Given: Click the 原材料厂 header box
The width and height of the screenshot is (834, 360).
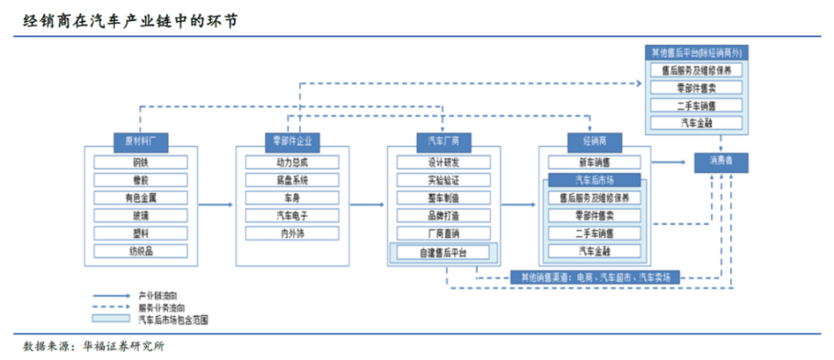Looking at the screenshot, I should coord(140,141).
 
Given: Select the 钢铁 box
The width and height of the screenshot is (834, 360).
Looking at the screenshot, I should coord(140,162).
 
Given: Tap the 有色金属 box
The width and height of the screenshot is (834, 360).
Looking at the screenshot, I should coord(140,197).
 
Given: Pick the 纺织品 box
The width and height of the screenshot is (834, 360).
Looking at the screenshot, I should coord(140,250).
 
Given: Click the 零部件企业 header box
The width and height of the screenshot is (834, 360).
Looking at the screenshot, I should coord(291,141).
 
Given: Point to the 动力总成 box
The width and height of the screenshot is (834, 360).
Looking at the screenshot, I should coord(291,162).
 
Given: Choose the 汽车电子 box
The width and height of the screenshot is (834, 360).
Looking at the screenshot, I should coord(291,215).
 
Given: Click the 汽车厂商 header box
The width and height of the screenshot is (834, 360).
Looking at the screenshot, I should coord(443,141).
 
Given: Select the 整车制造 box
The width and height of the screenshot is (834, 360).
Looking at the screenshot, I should coord(443,197).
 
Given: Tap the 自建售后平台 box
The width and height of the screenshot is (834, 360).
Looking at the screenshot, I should coord(443,252).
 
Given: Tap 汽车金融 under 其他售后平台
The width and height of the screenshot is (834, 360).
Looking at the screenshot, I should coord(695,123).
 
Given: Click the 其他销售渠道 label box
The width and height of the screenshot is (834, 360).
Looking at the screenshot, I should coord(595,276).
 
